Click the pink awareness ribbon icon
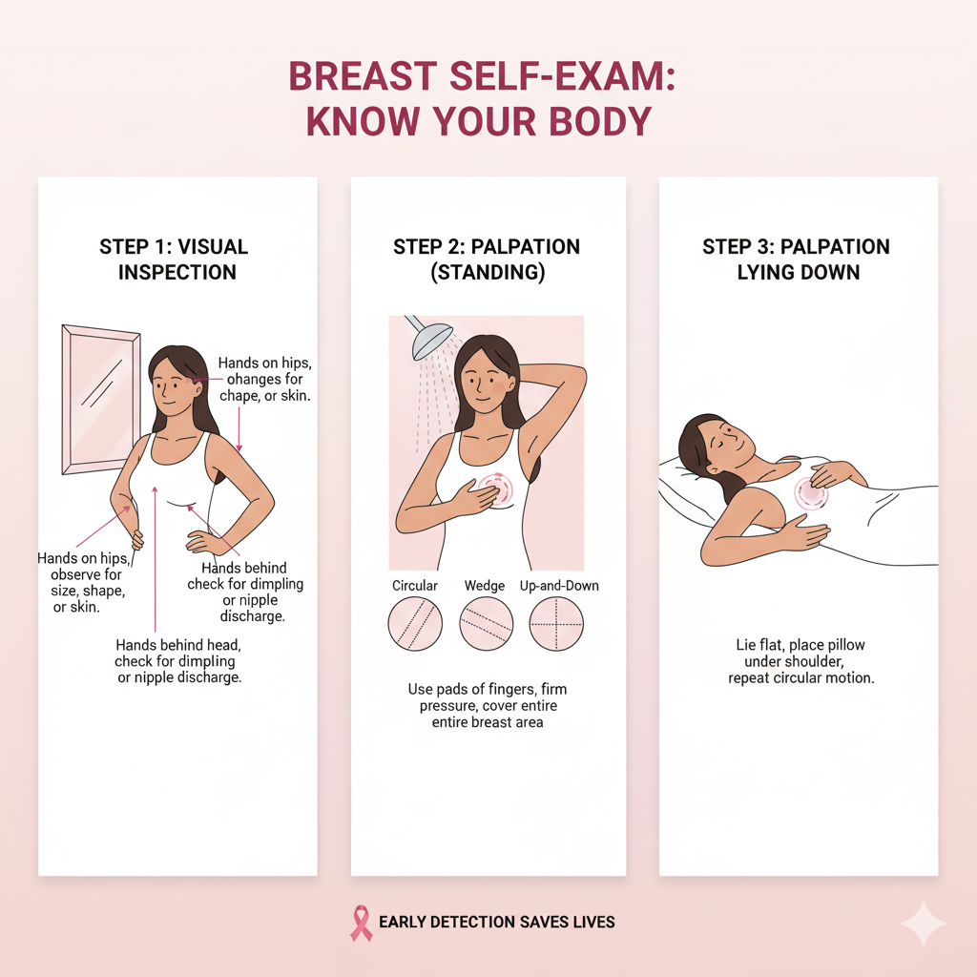pos(361,923)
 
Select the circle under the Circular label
pos(415,624)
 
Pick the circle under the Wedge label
pos(486,624)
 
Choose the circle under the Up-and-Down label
pos(556,624)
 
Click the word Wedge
pos(485,586)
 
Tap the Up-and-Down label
pos(559,586)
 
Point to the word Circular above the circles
pos(415,586)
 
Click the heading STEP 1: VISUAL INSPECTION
pos(175,260)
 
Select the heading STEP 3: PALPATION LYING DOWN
pos(797,260)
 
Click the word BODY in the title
pos(601,121)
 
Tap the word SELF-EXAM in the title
pos(561,76)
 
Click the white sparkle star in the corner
pos(924,924)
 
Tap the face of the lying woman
pos(727,444)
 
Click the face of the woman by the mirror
pos(177,386)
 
